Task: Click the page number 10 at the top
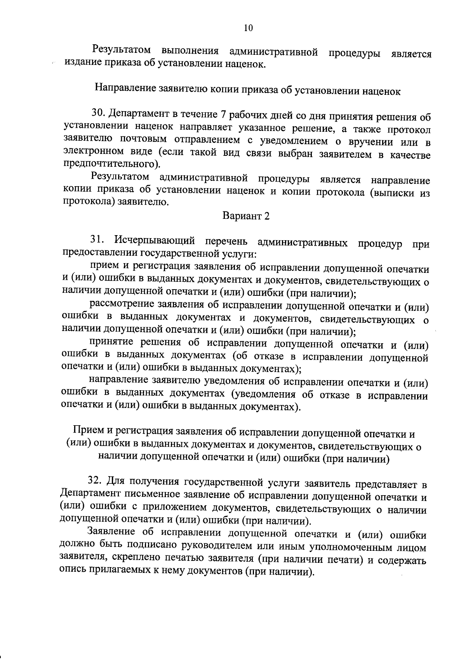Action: coord(249,28)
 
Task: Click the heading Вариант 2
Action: coord(246,216)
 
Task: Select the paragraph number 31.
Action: coord(97,240)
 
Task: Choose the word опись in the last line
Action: coord(73,571)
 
